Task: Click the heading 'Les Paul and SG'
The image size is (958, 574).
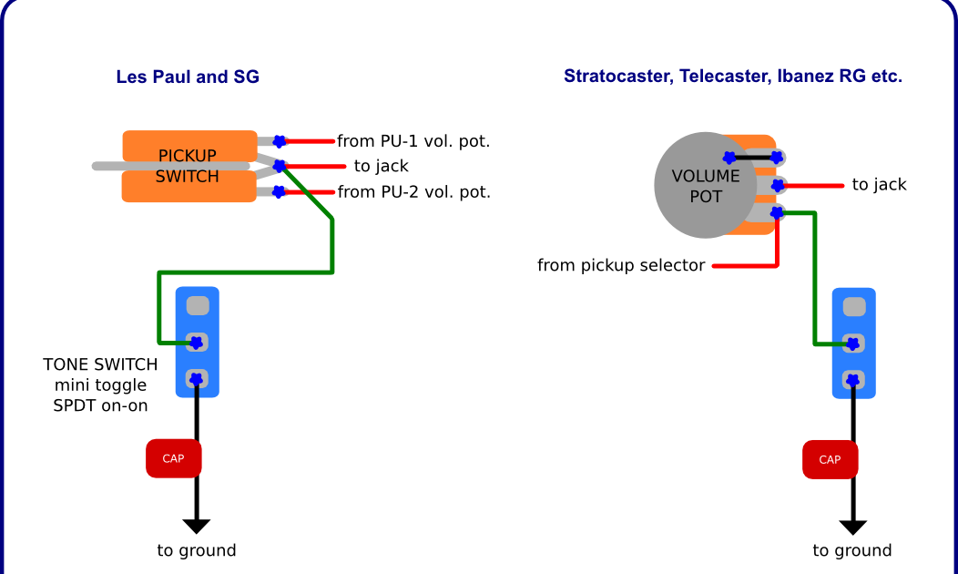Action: (x=188, y=77)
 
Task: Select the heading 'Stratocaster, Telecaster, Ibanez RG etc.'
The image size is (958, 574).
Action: (x=732, y=77)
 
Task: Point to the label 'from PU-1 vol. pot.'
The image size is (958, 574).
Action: (x=413, y=141)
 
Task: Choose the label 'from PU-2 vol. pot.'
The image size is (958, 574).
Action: (x=413, y=192)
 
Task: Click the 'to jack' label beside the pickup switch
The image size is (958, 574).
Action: (x=382, y=167)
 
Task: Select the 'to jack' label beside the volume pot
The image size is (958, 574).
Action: (x=880, y=185)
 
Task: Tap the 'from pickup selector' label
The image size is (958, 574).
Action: (x=621, y=266)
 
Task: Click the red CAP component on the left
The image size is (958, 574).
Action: (x=173, y=458)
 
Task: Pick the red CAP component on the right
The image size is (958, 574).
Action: (x=830, y=459)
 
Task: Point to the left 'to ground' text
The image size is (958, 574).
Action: (x=197, y=550)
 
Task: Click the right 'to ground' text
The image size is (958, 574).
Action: (x=852, y=550)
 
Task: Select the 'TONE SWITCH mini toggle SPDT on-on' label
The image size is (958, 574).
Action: (x=100, y=384)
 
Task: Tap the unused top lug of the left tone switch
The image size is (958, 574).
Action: (x=198, y=305)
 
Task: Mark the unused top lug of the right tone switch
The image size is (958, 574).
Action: (x=853, y=307)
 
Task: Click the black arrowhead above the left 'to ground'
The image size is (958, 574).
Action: (x=197, y=527)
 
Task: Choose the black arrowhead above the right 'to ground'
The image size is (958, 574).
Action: (x=852, y=527)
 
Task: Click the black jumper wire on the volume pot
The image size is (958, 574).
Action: (x=752, y=158)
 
